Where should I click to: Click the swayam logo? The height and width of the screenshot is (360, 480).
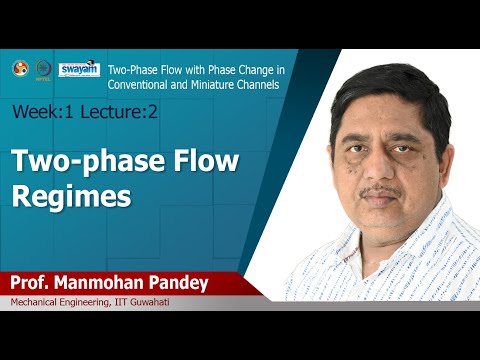(x=79, y=69)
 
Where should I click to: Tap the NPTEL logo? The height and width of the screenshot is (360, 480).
(x=43, y=69)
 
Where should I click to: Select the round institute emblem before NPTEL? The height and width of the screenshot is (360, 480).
(x=19, y=68)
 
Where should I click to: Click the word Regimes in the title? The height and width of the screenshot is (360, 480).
(x=71, y=195)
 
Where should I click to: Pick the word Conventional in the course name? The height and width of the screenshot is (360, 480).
(x=146, y=84)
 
